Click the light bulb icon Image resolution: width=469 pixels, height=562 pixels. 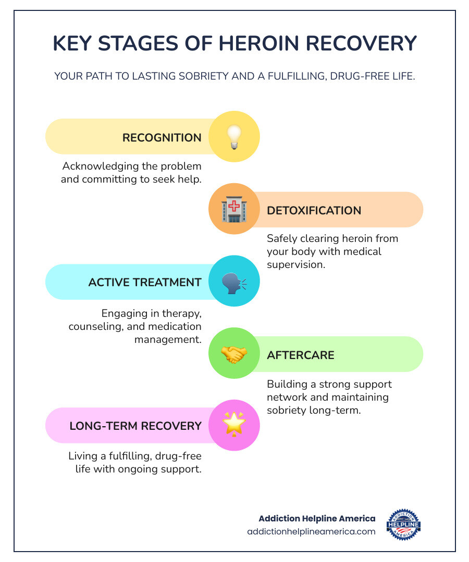pyautogui.click(x=234, y=137)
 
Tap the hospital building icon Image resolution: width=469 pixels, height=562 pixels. pyautogui.click(x=234, y=210)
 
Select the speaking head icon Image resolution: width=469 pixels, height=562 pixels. pyautogui.click(x=234, y=282)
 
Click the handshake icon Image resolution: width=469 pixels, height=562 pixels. pyautogui.click(x=234, y=354)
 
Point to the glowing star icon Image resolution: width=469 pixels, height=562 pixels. pyautogui.click(x=234, y=425)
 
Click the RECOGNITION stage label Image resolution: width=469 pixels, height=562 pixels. pyautogui.click(x=162, y=138)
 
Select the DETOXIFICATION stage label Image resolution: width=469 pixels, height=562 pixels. pyautogui.click(x=314, y=211)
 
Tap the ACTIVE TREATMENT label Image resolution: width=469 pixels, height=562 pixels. pyautogui.click(x=144, y=283)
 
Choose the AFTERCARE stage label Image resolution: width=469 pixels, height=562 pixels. pyautogui.click(x=300, y=355)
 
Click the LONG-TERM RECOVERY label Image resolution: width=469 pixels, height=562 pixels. pyautogui.click(x=135, y=426)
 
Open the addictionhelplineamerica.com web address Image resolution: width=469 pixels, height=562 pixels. pyautogui.click(x=311, y=531)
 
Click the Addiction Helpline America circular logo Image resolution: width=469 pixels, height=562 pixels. pyautogui.click(x=403, y=525)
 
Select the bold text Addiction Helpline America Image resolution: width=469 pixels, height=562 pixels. pyautogui.click(x=317, y=518)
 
